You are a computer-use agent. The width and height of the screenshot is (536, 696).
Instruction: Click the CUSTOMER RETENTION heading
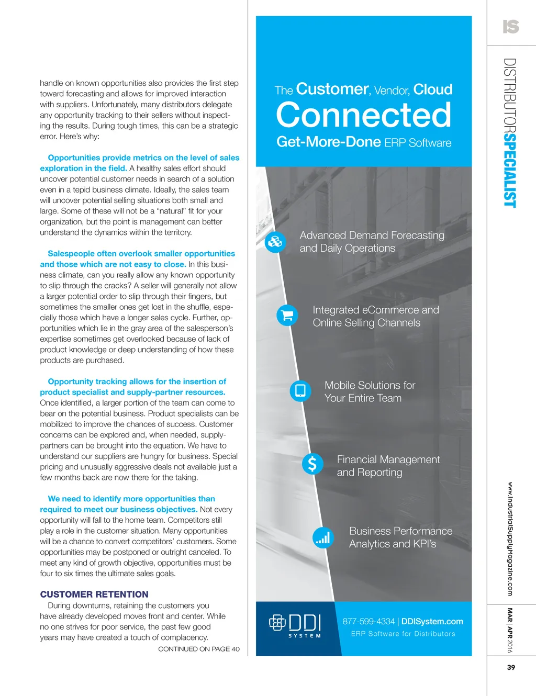(94, 594)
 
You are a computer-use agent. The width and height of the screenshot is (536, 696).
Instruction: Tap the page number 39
(511, 667)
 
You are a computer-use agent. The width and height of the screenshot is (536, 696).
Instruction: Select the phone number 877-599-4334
(368, 621)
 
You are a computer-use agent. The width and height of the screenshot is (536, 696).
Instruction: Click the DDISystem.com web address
(432, 621)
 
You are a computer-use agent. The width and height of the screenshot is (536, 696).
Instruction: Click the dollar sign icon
(312, 464)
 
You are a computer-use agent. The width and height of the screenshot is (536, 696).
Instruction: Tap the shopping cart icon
(287, 315)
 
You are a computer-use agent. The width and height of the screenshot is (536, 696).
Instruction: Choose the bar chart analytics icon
(323, 537)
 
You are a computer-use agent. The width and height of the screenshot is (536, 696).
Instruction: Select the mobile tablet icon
(300, 390)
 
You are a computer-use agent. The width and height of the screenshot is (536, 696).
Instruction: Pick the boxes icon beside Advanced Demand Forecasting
(275, 241)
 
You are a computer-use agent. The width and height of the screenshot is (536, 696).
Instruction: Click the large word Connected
(363, 115)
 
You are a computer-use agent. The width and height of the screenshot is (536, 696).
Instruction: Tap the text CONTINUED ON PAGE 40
(199, 649)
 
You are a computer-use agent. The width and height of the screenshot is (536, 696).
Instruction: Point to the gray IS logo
(511, 27)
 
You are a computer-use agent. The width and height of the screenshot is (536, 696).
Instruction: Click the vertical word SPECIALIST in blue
(510, 170)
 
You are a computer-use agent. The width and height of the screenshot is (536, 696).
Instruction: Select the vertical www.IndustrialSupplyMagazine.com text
(510, 538)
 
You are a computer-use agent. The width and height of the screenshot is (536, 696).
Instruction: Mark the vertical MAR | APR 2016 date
(510, 630)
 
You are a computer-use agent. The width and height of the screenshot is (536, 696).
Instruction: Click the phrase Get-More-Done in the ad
(329, 142)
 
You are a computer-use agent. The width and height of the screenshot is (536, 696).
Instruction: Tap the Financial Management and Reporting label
(388, 466)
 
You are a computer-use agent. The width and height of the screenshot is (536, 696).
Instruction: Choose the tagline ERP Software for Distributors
(403, 634)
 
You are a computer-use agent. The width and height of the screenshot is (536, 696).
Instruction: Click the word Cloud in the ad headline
(433, 89)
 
